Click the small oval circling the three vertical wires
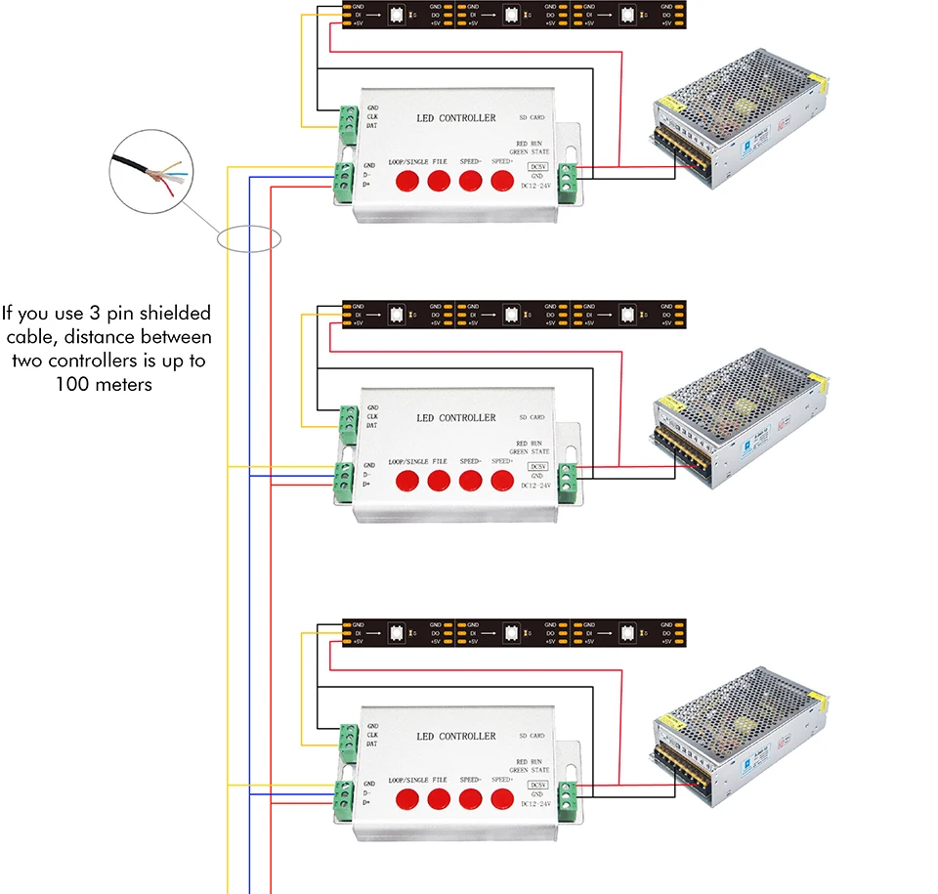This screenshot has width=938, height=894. [249, 238]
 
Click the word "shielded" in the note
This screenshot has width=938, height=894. [174, 314]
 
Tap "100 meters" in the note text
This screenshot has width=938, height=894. [105, 384]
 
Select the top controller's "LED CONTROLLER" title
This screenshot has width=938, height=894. [455, 118]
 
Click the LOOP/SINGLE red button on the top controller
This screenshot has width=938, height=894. [406, 181]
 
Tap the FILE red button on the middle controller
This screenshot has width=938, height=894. [439, 480]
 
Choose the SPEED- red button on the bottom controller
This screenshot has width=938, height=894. [471, 799]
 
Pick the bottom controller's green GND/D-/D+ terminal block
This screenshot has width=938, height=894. [344, 792]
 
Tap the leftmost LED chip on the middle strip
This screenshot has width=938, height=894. [396, 315]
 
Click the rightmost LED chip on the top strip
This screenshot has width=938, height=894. [629, 15]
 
